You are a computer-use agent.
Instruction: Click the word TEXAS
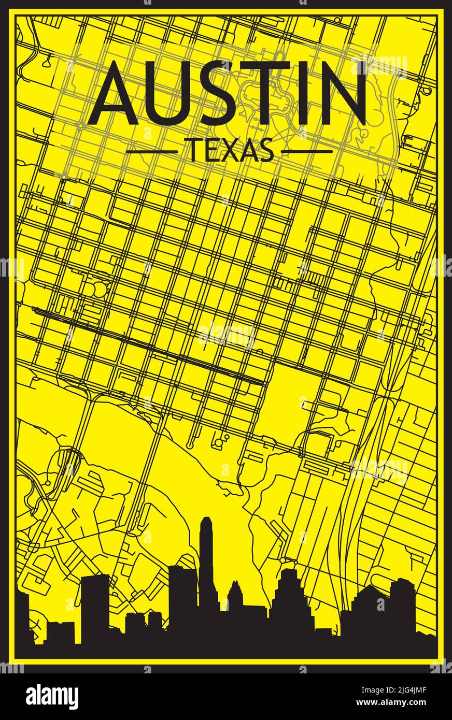(230, 151)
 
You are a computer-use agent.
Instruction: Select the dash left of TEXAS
(151, 152)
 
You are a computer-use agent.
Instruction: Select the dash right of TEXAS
(306, 152)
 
